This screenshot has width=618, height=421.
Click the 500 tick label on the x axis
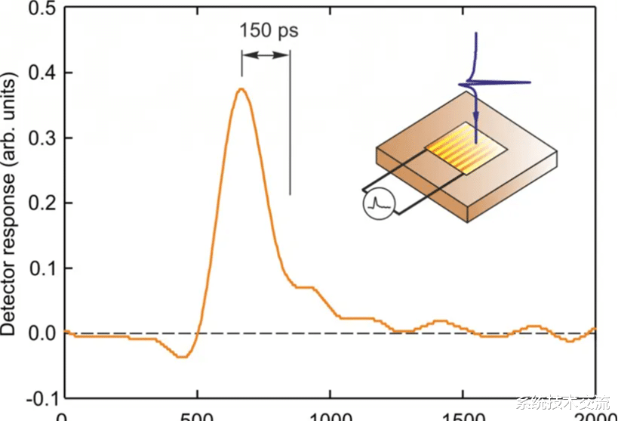tap(198, 415)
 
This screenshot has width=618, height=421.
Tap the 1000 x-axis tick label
tap(331, 415)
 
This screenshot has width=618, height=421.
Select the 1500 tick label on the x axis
tap(463, 415)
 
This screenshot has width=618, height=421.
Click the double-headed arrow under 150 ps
tap(266, 55)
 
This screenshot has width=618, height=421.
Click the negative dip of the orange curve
tap(180, 357)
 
